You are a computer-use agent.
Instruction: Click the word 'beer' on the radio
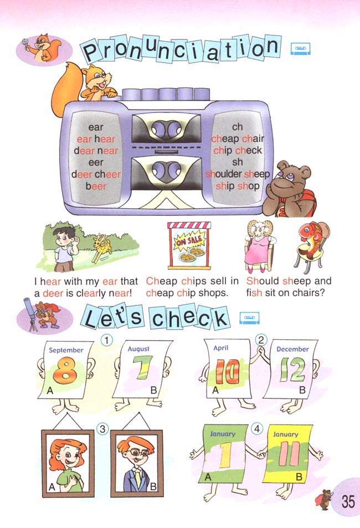(x=96, y=186)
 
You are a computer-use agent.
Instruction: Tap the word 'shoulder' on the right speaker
(x=223, y=174)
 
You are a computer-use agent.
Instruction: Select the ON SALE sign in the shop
(x=189, y=240)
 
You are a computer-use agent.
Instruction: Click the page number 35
(x=348, y=501)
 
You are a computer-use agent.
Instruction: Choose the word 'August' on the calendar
(x=138, y=349)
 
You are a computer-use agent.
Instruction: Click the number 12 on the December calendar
(x=292, y=369)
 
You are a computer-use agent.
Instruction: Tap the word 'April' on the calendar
(x=221, y=348)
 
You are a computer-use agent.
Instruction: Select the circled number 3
(x=102, y=429)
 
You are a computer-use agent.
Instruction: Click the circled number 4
(x=257, y=429)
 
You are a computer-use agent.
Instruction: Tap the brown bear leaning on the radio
(x=290, y=189)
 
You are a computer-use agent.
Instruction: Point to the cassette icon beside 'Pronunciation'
(x=300, y=49)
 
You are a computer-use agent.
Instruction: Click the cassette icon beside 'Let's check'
(x=249, y=318)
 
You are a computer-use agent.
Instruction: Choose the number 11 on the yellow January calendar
(x=289, y=454)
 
